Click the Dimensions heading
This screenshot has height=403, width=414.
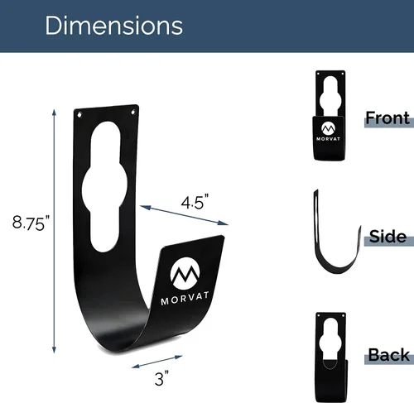pos(113,26)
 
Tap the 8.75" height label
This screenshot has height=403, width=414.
pos(31,223)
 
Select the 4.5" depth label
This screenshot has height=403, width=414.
pos(195,202)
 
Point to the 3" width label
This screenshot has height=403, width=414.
pos(161,378)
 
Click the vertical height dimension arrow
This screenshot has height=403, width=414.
pos(54,231)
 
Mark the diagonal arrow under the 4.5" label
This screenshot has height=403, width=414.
pos(184,215)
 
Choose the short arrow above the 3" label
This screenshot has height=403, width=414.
pos(157,362)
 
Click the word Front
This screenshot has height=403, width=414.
pos(388,118)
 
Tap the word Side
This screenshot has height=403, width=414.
pos(388,237)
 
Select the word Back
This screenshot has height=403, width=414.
pos(388,355)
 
